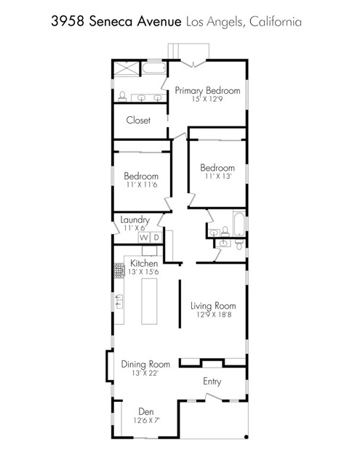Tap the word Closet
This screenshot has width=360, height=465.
(138, 120)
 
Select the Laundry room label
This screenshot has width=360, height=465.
(135, 219)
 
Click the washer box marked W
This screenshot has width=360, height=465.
(144, 238)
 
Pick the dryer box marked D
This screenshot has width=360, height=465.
(156, 238)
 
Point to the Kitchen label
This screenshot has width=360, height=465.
(144, 262)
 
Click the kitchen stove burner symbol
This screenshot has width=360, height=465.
(118, 271)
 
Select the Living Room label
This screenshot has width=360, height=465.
(213, 306)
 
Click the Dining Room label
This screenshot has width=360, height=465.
(145, 364)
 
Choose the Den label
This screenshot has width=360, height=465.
(146, 411)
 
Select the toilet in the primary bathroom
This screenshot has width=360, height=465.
(123, 96)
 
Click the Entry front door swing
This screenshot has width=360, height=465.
(212, 397)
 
